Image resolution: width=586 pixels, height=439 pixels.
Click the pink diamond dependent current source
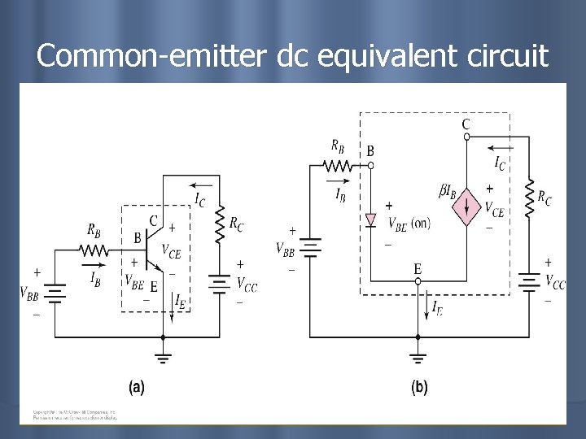pos(467,208)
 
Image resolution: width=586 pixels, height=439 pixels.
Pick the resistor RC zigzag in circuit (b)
pos(529,198)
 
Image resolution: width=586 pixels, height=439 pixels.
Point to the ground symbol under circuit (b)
pos(418,355)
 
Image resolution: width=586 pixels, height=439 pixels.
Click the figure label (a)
pos(138,388)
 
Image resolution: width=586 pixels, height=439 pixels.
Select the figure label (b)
pos(419,388)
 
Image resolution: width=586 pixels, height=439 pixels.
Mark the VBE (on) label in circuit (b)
pos(409,223)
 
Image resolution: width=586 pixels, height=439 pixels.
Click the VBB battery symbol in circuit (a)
pos(55,291)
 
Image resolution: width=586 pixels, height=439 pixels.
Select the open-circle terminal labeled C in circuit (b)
pos(466,137)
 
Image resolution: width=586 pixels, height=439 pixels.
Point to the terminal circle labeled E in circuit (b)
pos(418,281)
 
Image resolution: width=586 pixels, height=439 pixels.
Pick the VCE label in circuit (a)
pos(172,250)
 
